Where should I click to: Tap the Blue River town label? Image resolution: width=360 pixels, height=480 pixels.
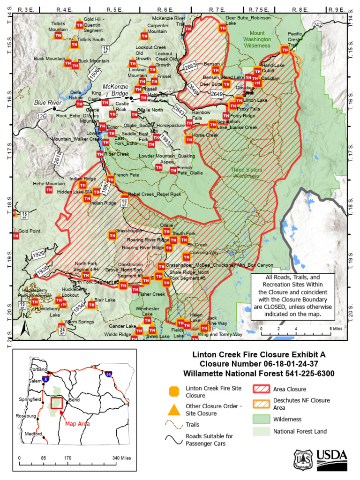pos(47,103)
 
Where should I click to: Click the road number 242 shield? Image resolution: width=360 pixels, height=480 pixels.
pos(317,24)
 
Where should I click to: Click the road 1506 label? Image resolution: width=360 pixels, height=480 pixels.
pos(94,73)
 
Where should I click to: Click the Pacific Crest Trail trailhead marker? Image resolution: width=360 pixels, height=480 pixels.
pos(285,50)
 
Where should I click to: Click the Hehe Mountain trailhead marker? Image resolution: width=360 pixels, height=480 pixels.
pos(49,190)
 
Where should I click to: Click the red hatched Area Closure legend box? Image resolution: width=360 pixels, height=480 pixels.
pos(260,389)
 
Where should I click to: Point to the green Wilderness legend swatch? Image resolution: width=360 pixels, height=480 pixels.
pos(260,419)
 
